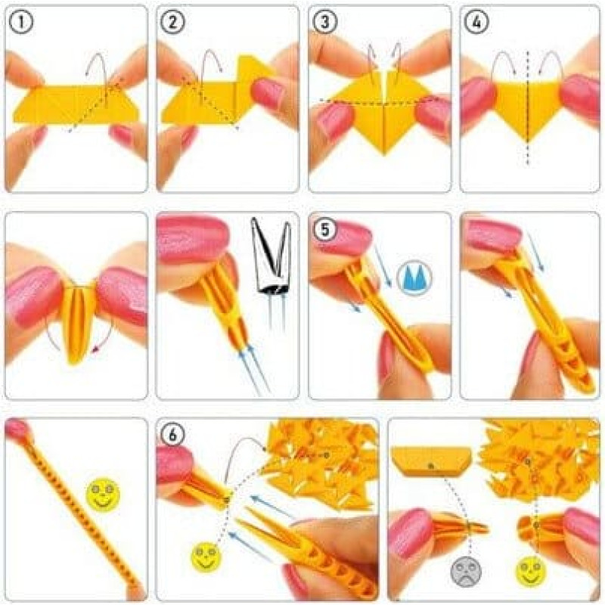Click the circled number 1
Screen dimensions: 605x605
point(21,22)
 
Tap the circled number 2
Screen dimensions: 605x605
point(172,22)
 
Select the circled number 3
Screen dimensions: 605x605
point(324,22)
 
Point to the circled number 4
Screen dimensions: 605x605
point(476,22)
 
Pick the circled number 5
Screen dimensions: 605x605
point(325,229)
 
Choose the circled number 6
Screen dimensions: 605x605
point(172,435)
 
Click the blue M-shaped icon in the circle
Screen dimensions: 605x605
point(414,278)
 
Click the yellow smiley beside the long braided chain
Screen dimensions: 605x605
point(103,494)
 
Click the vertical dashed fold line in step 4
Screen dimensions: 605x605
point(527,108)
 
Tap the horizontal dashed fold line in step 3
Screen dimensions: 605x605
point(380,101)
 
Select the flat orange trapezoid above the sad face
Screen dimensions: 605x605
point(431,461)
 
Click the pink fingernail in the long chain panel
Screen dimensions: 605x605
point(17,427)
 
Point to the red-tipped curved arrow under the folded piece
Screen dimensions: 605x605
point(105,337)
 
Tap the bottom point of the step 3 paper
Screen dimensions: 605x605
point(383,155)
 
